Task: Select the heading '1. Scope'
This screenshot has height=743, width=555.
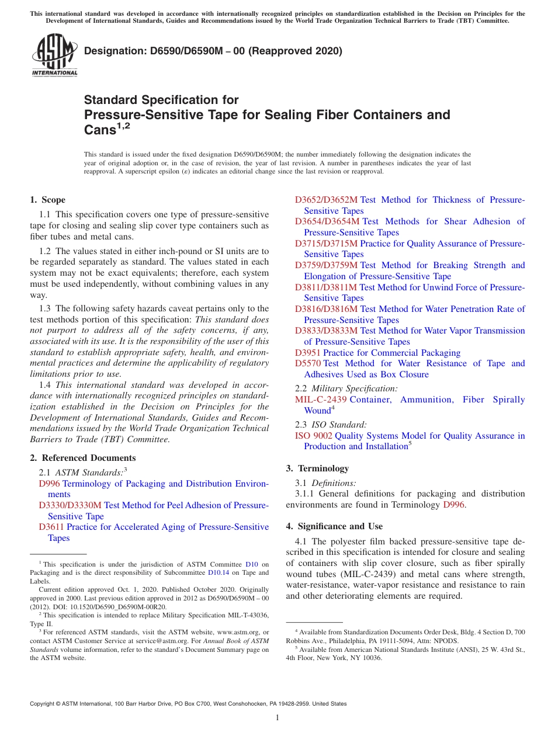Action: (48, 200)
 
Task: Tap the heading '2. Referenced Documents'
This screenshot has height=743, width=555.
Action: (83, 458)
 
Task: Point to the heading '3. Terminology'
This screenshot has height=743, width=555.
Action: (317, 468)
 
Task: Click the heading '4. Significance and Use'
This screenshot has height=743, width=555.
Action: (334, 526)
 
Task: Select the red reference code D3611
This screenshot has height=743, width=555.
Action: (51, 527)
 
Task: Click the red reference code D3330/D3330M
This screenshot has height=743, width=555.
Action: (70, 505)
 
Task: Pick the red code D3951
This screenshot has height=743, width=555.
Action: (308, 353)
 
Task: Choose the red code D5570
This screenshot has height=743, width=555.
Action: (308, 363)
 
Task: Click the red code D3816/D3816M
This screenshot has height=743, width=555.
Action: (326, 309)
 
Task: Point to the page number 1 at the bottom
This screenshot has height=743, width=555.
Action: (277, 718)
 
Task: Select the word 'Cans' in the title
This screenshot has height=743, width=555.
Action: (100, 130)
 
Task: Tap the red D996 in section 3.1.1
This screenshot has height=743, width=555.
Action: (454, 505)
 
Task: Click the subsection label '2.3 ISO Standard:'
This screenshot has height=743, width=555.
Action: (331, 425)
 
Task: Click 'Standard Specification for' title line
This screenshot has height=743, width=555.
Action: (161, 100)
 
